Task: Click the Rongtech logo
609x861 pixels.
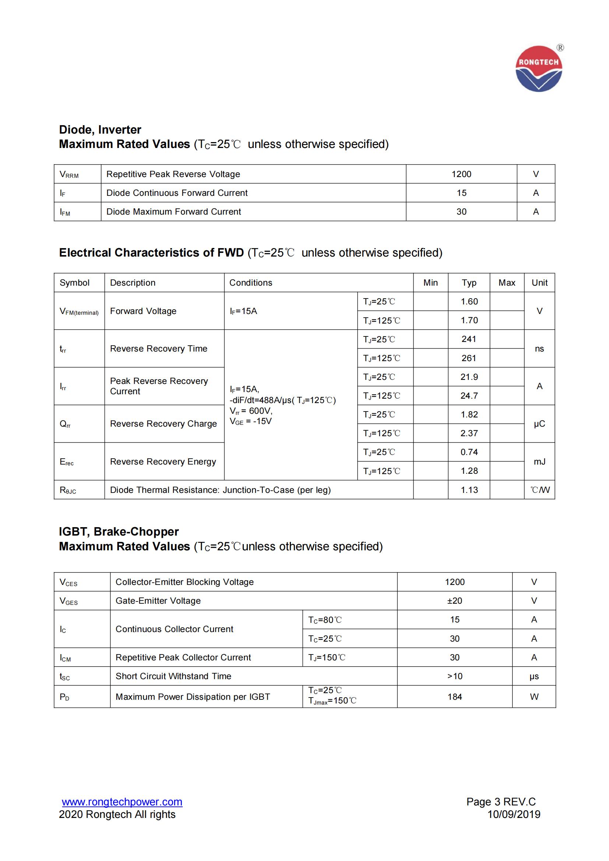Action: point(539,69)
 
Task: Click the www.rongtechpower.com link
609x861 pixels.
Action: point(122,802)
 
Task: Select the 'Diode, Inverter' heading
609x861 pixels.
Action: point(100,130)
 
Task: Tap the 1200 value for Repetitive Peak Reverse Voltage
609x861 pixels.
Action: point(461,174)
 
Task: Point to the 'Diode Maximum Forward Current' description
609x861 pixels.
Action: point(173,212)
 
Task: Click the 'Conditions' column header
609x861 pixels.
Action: point(250,283)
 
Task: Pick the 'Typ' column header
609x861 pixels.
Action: point(469,283)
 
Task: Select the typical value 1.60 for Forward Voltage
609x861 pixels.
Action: point(469,301)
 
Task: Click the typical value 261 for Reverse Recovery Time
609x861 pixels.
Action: point(469,358)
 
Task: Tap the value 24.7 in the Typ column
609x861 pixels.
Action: point(469,396)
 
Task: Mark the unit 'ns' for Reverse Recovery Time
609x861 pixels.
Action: point(539,349)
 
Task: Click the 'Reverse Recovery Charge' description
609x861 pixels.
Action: point(163,424)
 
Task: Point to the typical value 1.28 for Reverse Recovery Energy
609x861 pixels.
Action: point(469,471)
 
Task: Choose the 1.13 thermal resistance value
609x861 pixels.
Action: point(469,490)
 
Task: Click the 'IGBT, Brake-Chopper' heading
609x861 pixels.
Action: point(119,532)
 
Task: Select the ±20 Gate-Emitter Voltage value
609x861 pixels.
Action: point(454,601)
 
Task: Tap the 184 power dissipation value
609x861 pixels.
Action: point(454,697)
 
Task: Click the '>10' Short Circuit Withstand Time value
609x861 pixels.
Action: point(454,676)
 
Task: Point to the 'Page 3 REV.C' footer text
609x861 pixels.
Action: point(501,802)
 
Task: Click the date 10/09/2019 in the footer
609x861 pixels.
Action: point(513,814)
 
